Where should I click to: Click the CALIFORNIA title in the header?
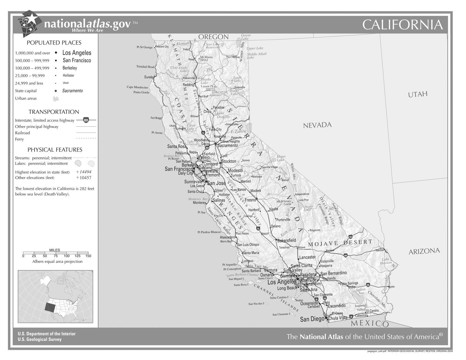(x=403, y=25)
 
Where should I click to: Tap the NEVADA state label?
(x=317, y=125)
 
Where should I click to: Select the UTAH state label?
(x=418, y=94)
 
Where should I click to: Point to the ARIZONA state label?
(x=424, y=251)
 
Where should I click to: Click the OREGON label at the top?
(x=213, y=37)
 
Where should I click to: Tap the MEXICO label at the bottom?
(x=370, y=323)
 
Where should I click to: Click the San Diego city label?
(x=312, y=319)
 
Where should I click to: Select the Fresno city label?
(x=250, y=200)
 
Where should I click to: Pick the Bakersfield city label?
(x=287, y=240)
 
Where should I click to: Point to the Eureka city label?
(x=149, y=77)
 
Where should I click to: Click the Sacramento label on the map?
(x=227, y=145)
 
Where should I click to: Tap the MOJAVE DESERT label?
(x=340, y=243)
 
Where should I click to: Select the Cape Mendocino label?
(x=137, y=87)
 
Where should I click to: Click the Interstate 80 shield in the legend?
(x=86, y=120)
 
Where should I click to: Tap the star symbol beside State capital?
(x=56, y=91)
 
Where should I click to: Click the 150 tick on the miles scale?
(x=88, y=256)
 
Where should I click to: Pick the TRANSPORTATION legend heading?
(x=54, y=112)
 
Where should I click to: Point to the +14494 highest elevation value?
(x=84, y=172)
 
